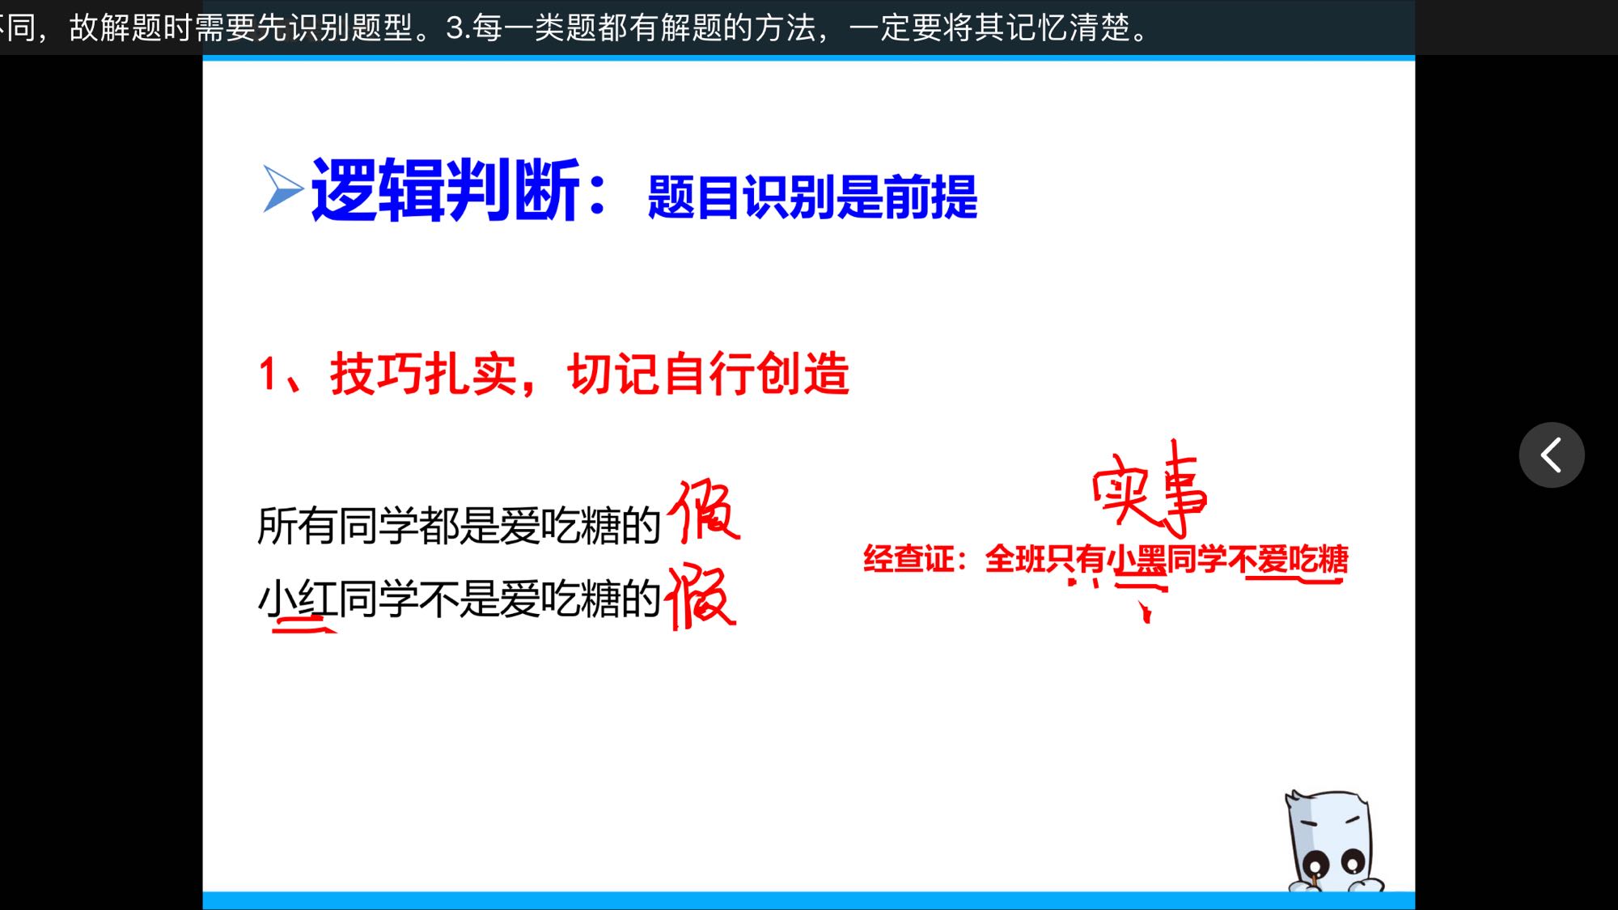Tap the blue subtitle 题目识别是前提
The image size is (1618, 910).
click(812, 197)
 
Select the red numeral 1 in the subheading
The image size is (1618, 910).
click(268, 375)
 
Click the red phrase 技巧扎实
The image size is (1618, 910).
click(424, 374)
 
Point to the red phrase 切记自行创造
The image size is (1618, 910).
click(709, 374)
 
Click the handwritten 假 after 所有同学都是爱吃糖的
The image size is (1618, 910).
click(704, 510)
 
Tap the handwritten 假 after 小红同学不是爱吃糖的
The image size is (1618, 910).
click(701, 597)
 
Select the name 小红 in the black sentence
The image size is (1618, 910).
click(297, 599)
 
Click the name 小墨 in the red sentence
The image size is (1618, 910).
click(1136, 559)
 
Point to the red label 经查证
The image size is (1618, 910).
click(909, 559)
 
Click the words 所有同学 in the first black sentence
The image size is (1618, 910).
click(337, 526)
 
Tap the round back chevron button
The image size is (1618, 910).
click(1552, 455)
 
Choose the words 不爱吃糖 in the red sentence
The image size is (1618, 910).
click(1288, 559)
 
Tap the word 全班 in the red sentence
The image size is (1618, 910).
click(1014, 559)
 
